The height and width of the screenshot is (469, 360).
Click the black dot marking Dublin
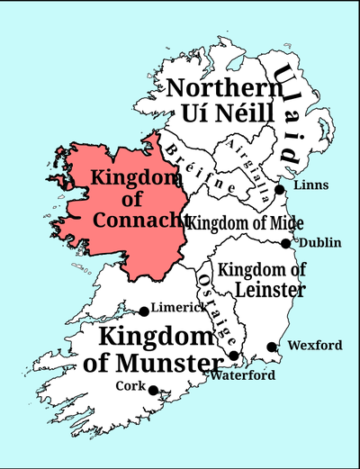pos(285,243)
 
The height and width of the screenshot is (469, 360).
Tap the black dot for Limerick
pos(144,311)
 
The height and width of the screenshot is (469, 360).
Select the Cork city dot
pos(153,390)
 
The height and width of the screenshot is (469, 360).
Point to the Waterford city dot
pos(234,356)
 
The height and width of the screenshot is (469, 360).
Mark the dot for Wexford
pos(272,347)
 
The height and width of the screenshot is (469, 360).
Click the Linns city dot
pos(280,189)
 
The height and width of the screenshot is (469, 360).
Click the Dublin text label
pos(320,243)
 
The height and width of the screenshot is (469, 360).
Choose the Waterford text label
pos(243,376)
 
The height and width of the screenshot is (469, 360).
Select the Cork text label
pos(130,385)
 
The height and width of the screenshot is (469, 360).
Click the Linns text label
pos(310,185)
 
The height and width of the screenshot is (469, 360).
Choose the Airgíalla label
pos(244,164)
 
